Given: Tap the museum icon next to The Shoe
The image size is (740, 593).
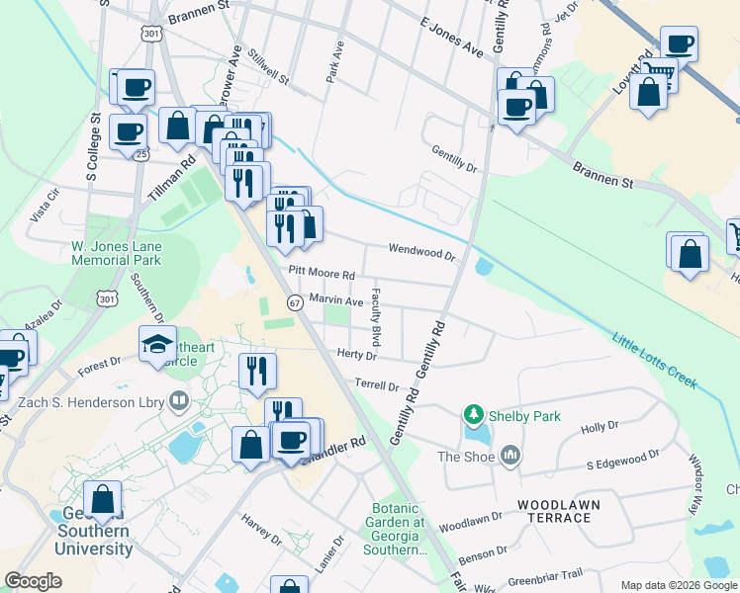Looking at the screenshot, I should [510, 456].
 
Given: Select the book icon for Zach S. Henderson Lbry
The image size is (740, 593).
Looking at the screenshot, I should [179, 400].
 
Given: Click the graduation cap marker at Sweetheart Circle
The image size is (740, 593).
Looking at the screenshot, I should [158, 345].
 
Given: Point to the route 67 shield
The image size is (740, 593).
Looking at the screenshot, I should [295, 302].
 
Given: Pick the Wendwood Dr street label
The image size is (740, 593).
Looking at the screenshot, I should [421, 252].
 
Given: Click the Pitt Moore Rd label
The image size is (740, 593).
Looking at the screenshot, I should [322, 272].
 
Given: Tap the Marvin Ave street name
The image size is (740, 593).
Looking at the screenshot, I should [336, 298].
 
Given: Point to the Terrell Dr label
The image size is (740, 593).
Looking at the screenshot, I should [377, 385].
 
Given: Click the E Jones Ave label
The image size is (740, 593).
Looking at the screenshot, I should [450, 37].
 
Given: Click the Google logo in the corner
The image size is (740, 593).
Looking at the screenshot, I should [33, 581].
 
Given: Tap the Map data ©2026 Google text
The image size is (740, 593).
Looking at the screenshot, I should [678, 584].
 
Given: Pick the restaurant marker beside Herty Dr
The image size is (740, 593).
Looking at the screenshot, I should [257, 372].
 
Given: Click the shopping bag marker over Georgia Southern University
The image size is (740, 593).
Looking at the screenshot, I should [102, 498].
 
